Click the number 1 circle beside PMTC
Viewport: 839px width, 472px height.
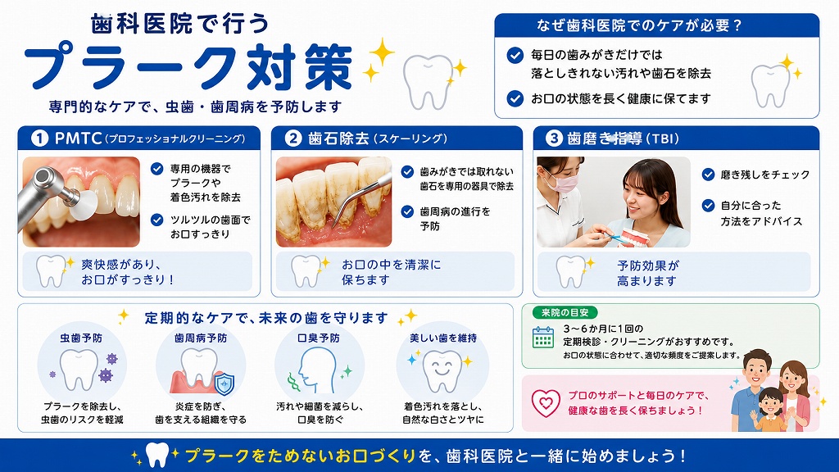pos(39,138)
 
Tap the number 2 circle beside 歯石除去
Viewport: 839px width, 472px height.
pos(293,138)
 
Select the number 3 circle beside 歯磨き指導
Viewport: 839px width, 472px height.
pos(554,138)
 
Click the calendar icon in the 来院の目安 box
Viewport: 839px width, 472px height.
pos(543,337)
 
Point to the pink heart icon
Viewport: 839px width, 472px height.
pos(546,402)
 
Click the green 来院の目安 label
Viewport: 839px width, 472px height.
pos(565,312)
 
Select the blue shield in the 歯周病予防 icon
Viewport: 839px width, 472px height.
pos(224,383)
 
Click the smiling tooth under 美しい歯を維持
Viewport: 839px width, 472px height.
pos(442,370)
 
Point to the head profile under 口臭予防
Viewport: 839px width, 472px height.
pos(317,370)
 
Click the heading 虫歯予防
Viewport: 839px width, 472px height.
pos(81,338)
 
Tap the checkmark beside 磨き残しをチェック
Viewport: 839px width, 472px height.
pos(709,175)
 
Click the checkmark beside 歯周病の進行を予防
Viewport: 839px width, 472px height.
pos(407,211)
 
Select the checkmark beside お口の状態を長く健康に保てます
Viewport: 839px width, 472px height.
pos(515,98)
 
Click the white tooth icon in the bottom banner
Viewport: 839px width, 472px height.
pos(156,455)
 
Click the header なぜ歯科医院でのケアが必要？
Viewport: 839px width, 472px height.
pos(639,25)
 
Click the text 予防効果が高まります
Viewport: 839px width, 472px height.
pos(647,273)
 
